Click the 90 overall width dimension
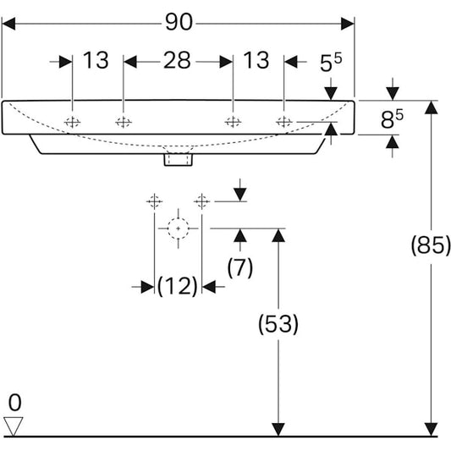pyautogui.click(x=179, y=23)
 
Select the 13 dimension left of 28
pyautogui.click(x=96, y=61)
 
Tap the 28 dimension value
pyautogui.click(x=178, y=61)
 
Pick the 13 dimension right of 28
pyautogui.click(x=256, y=61)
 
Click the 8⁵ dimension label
pyautogui.click(x=388, y=120)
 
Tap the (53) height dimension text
pyautogui.click(x=277, y=323)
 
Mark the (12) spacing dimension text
pyautogui.click(x=177, y=286)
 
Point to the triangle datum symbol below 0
pyautogui.click(x=14, y=425)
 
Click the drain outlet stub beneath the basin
pyautogui.click(x=179, y=158)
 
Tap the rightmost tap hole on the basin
pyautogui.click(x=284, y=123)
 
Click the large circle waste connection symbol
pyautogui.click(x=177, y=228)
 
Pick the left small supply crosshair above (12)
pyautogui.click(x=154, y=201)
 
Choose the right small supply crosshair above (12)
pyautogui.click(x=201, y=201)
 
